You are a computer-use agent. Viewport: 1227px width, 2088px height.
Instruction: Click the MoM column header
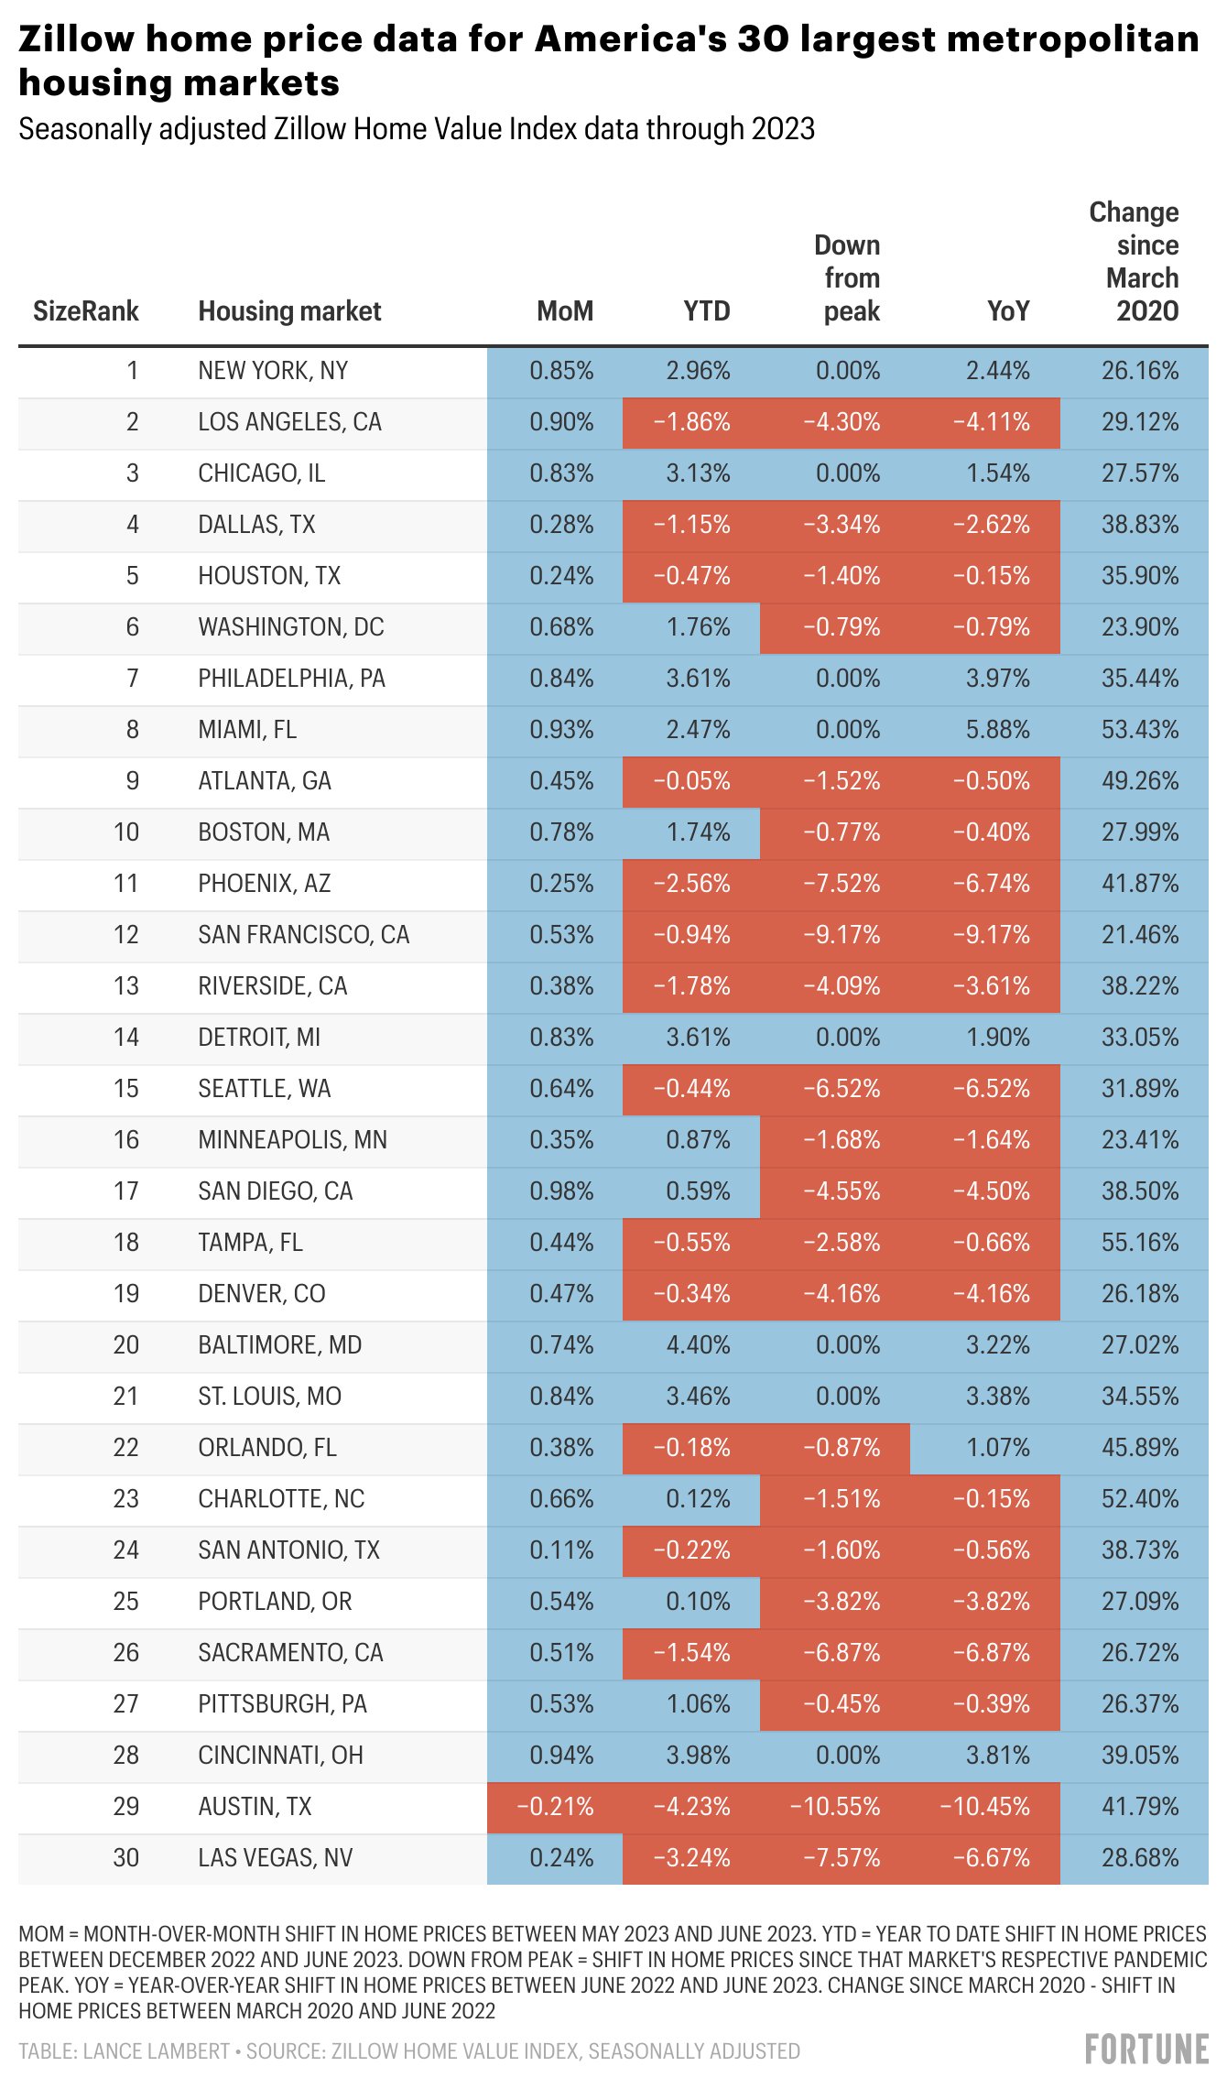coord(565,311)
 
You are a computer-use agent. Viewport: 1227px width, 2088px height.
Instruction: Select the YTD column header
coord(707,311)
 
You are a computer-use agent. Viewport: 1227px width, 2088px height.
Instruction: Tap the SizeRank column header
coord(86,311)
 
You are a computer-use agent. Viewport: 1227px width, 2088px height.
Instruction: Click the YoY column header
coord(1008,311)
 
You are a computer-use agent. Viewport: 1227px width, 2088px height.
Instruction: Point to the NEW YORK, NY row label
coord(273,371)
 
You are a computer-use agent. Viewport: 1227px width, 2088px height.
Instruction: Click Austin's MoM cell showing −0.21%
coord(555,1807)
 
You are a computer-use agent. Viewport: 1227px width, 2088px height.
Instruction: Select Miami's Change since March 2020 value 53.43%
coord(1140,730)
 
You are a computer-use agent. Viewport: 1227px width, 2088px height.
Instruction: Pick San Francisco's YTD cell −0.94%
coord(691,935)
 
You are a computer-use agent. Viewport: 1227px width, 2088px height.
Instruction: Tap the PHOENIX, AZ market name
coord(265,884)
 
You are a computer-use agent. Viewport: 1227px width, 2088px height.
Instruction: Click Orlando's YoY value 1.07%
coord(998,1448)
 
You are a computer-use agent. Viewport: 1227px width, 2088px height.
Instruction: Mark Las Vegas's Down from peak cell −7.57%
coord(842,1858)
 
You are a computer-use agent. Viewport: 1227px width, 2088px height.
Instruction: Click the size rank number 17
coord(125,1191)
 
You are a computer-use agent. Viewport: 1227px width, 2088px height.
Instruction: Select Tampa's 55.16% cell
coord(1140,1243)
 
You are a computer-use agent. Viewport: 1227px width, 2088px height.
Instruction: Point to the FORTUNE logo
coord(1146,2050)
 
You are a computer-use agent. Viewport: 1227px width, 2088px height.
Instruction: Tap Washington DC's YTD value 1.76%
coord(698,627)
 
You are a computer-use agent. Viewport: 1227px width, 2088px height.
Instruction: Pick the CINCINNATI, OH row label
coord(280,1756)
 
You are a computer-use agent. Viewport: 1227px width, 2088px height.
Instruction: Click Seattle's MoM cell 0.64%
coord(561,1089)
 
